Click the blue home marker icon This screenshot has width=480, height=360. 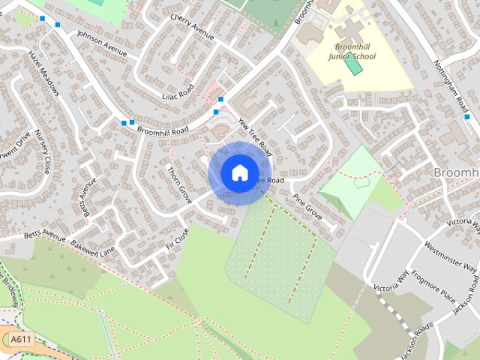(x=239, y=172)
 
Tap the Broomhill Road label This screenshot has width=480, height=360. (x=161, y=131)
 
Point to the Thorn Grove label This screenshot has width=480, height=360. (x=179, y=184)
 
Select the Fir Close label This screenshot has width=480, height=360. (x=176, y=238)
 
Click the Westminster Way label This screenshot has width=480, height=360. (x=451, y=256)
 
